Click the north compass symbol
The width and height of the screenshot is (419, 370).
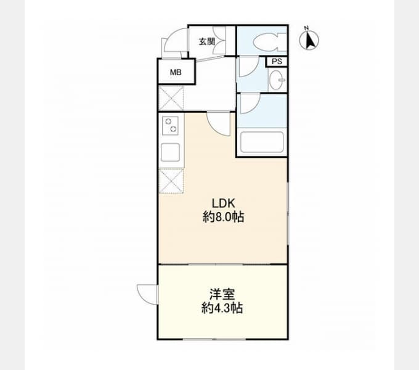click(309, 40)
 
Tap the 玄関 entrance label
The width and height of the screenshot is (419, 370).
click(207, 42)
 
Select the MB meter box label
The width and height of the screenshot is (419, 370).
click(176, 72)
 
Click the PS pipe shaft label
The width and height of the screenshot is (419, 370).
click(277, 62)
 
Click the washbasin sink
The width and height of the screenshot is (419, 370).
click(277, 80)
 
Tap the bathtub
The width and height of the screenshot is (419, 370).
click(262, 142)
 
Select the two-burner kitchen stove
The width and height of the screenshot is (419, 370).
click(170, 125)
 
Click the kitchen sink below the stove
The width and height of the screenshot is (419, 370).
click(170, 152)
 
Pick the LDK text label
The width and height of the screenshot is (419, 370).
click(224, 203)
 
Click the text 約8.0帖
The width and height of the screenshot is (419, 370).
click(224, 217)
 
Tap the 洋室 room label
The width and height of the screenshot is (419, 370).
click(222, 294)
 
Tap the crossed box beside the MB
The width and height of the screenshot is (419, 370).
click(171, 98)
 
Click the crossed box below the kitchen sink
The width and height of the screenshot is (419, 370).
click(171, 181)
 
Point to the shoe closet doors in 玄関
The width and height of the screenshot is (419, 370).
click(219, 41)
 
